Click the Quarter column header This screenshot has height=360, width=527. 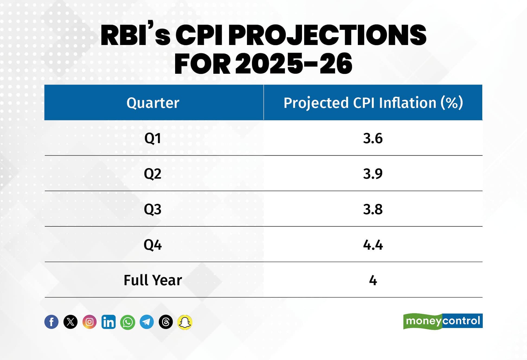point(153,103)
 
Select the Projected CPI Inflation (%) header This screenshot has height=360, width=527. point(373,103)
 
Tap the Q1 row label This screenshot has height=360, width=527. point(153,139)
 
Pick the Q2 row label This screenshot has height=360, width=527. point(153,174)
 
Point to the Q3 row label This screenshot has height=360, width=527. point(153,209)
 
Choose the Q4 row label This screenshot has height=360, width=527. point(153,245)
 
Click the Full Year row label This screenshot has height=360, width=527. point(153,280)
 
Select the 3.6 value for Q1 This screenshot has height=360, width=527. point(373,138)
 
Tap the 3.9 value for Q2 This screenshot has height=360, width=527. point(373,174)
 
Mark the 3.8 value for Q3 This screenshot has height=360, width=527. point(373,209)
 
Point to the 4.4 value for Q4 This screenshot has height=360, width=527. point(373,245)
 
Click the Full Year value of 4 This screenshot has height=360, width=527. point(373,280)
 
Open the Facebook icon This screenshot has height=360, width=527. point(52,322)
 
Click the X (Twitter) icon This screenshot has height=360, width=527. point(70,322)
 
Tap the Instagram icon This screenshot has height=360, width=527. point(89,322)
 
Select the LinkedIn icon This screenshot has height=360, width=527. point(108,322)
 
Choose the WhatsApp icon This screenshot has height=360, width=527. point(128,322)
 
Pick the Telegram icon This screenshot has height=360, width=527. point(147,322)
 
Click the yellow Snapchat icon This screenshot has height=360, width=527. point(185,322)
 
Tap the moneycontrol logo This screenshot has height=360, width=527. point(443,321)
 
